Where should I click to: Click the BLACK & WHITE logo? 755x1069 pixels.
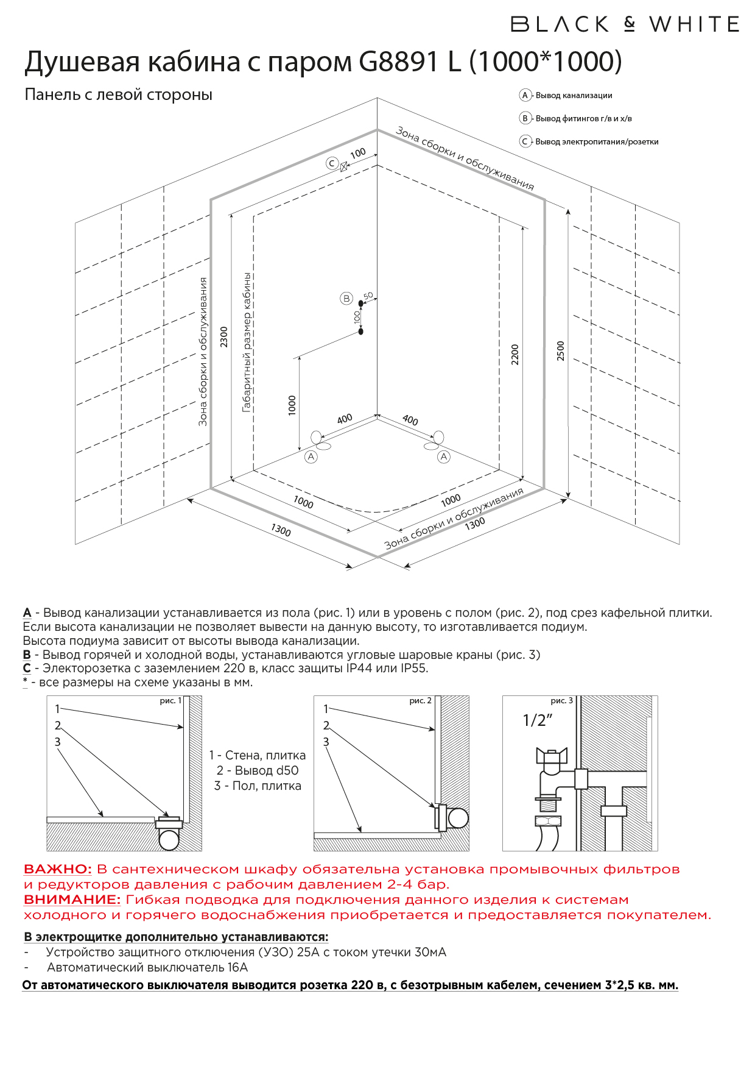click(x=625, y=24)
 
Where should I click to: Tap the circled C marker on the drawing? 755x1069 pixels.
click(x=332, y=163)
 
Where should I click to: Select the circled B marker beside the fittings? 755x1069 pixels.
click(x=346, y=298)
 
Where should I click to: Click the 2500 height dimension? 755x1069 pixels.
click(x=561, y=350)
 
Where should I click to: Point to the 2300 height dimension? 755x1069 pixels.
click(x=224, y=337)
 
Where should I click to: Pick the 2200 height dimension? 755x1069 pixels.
click(x=515, y=354)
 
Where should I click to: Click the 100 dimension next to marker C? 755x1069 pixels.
click(x=358, y=153)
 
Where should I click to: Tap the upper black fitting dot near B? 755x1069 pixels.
click(x=361, y=303)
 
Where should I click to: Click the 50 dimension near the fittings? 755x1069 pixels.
click(x=368, y=296)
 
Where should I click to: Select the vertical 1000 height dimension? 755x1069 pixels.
click(x=292, y=405)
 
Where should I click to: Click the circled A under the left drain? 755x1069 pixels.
click(x=311, y=456)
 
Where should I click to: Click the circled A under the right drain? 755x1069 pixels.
click(x=444, y=456)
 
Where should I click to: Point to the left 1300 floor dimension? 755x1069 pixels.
click(x=281, y=530)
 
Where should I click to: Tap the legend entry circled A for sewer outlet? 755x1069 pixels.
click(x=525, y=95)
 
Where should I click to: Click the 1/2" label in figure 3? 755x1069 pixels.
click(x=537, y=720)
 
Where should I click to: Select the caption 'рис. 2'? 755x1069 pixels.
click(x=420, y=701)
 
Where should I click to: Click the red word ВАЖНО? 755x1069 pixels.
click(x=57, y=869)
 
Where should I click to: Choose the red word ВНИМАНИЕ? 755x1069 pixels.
click(x=72, y=900)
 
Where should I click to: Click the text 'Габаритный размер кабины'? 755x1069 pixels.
click(x=247, y=343)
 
